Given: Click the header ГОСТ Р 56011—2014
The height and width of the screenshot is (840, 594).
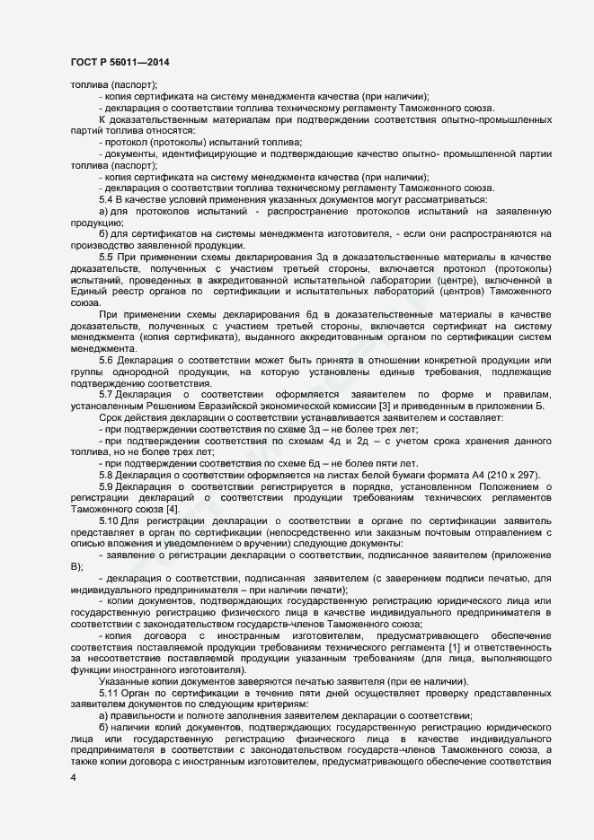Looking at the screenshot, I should (x=119, y=62).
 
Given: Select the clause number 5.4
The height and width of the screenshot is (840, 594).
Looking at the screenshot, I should (x=105, y=199).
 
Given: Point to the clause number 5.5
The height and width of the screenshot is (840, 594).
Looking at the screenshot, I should (x=105, y=258).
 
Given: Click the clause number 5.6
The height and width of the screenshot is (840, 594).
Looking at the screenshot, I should (x=105, y=360).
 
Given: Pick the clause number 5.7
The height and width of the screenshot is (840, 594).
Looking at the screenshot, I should (x=105, y=395).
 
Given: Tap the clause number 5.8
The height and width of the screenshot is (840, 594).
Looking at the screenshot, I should (x=105, y=474).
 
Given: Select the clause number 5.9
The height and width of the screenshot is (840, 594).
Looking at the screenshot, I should (x=105, y=486).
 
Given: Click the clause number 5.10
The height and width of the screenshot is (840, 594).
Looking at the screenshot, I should (x=108, y=521).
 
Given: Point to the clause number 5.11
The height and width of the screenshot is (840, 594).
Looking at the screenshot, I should (x=108, y=693).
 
